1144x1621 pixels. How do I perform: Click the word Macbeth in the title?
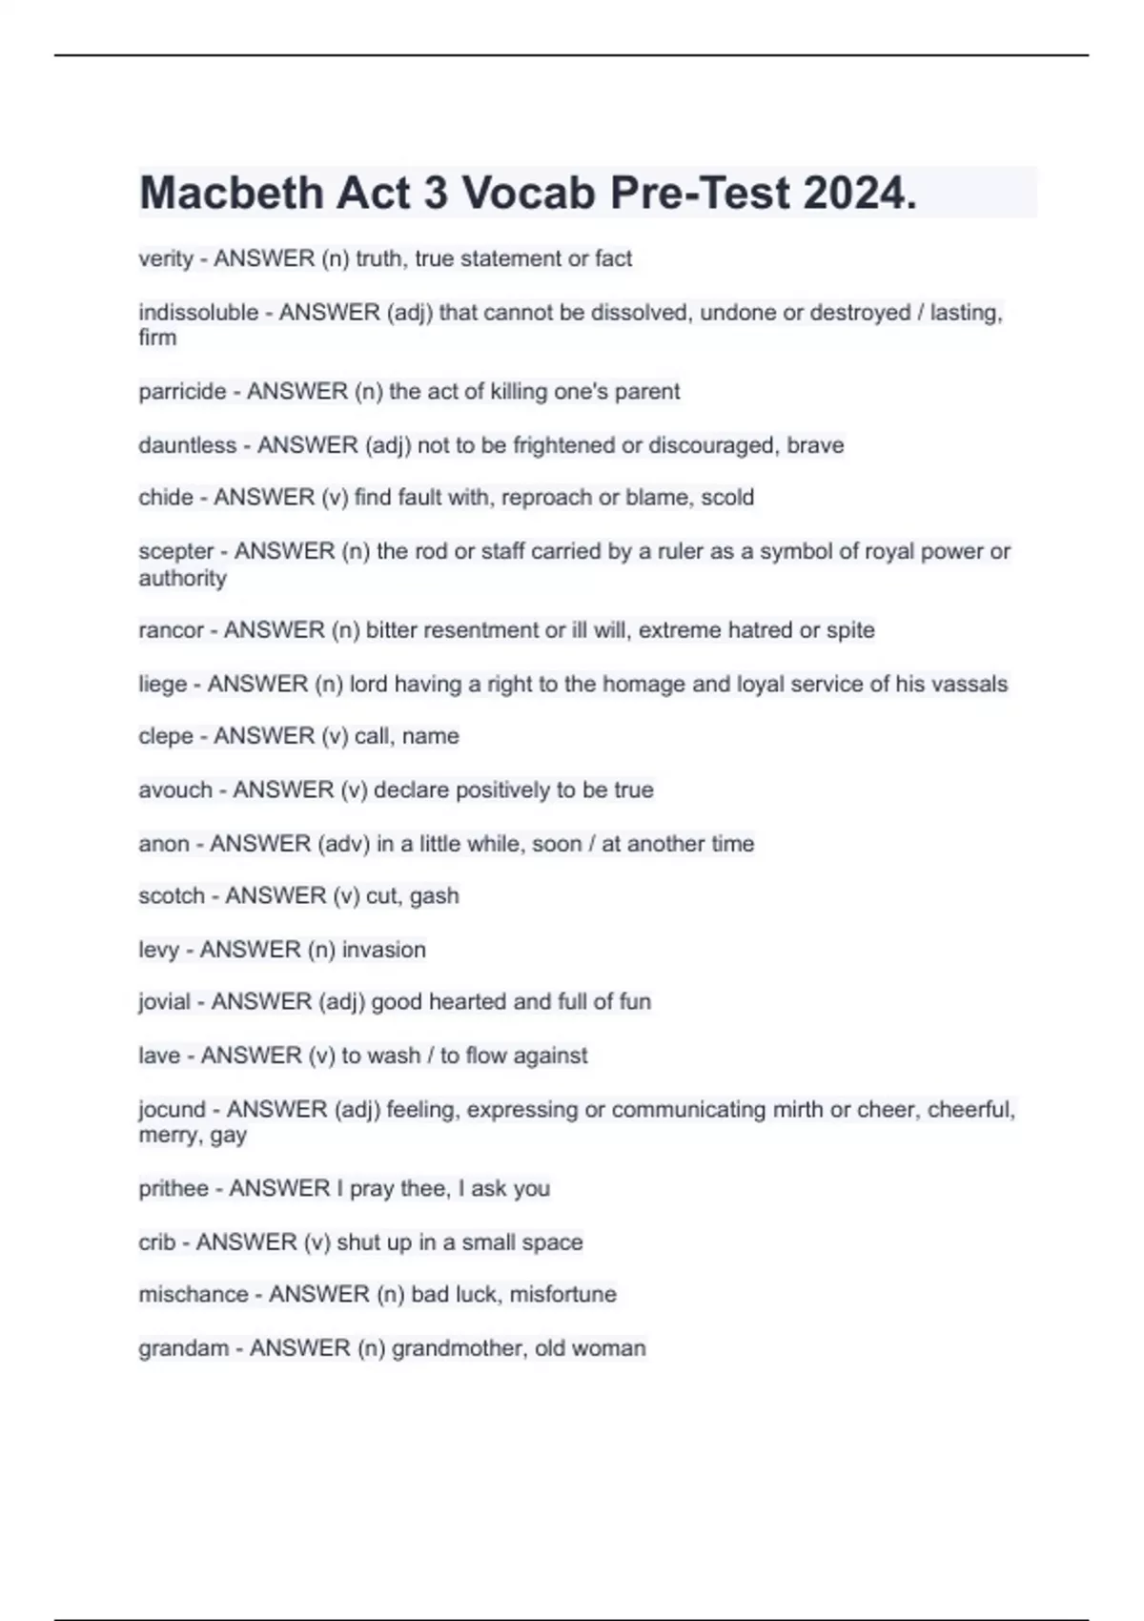(x=231, y=194)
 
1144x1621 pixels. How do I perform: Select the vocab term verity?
(x=166, y=259)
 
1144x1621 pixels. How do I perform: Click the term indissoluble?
(x=198, y=313)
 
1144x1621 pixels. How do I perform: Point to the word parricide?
(x=182, y=392)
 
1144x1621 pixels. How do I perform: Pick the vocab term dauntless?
(x=187, y=445)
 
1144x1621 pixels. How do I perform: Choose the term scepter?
(x=176, y=551)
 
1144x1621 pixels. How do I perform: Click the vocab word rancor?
(x=171, y=630)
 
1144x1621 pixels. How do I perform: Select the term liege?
(x=163, y=684)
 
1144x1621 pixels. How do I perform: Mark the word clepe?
(x=166, y=736)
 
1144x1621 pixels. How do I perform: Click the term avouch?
(x=175, y=790)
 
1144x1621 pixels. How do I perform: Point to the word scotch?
(x=172, y=896)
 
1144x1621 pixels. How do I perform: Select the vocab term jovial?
(x=165, y=1002)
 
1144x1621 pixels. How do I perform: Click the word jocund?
(x=172, y=1110)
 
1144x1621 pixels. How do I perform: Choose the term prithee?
(x=174, y=1189)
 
